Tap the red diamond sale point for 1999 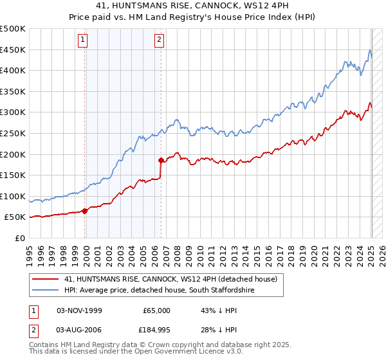85,211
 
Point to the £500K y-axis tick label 13,29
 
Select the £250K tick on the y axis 13,133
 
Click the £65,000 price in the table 156,310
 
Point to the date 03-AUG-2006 79,330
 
